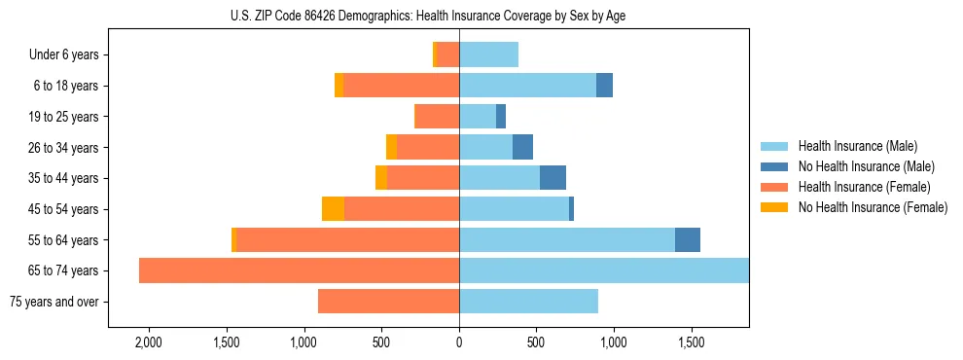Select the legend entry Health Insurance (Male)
pyautogui.click(x=857, y=146)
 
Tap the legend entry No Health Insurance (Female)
pyautogui.click(x=873, y=207)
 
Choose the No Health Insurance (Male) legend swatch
pyautogui.click(x=776, y=166)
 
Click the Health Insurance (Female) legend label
pyautogui.click(x=864, y=187)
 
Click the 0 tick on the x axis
pyautogui.click(x=459, y=343)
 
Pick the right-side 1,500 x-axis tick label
pyautogui.click(x=691, y=343)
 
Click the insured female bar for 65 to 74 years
pyautogui.click(x=299, y=270)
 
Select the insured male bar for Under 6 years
pyautogui.click(x=488, y=54)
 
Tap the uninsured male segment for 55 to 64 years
pyautogui.click(x=688, y=239)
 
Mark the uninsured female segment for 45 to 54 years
pyautogui.click(x=333, y=209)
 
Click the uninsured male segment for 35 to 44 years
pyautogui.click(x=553, y=178)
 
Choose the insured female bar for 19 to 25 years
pyautogui.click(x=437, y=117)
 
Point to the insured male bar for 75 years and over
pyautogui.click(x=528, y=302)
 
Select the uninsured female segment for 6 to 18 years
pyautogui.click(x=339, y=86)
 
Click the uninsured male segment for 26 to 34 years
pyautogui.click(x=522, y=147)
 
